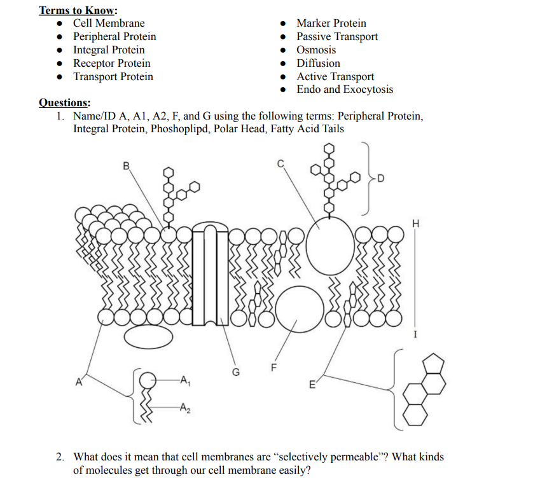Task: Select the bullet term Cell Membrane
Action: pyautogui.click(x=109, y=24)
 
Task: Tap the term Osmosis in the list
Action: pyautogui.click(x=316, y=50)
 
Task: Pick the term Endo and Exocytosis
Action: pyautogui.click(x=345, y=90)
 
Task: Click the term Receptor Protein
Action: pyautogui.click(x=112, y=63)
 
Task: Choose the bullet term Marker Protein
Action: pyautogui.click(x=331, y=24)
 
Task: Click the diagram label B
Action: pyautogui.click(x=126, y=166)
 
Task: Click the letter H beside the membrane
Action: pyautogui.click(x=416, y=223)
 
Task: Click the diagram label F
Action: pyautogui.click(x=274, y=367)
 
